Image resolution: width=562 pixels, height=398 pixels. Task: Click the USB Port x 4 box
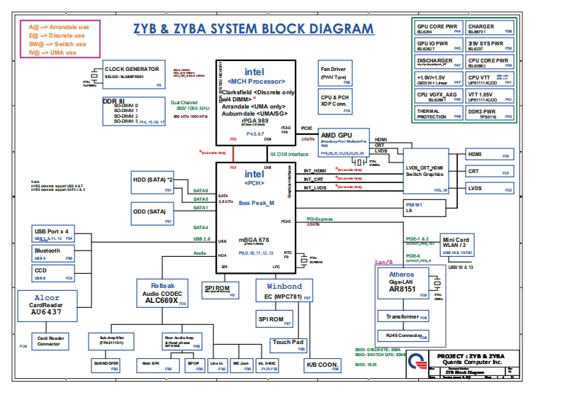(53, 234)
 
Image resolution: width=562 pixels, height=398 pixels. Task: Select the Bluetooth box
(53, 254)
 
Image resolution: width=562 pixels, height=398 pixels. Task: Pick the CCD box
(53, 274)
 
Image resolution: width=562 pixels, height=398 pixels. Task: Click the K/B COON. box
(322, 365)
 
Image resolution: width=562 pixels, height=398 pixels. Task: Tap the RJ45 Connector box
(403, 335)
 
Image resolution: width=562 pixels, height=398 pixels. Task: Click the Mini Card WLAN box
(456, 245)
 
